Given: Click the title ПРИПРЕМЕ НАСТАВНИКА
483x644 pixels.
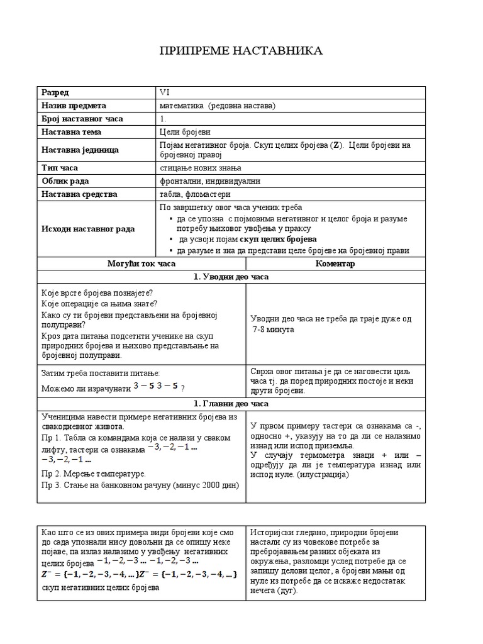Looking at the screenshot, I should [241, 51].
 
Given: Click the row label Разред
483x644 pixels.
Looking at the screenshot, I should [55, 92].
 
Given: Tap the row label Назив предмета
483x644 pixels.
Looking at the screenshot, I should [74, 106].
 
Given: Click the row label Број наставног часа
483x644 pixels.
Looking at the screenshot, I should [82, 119].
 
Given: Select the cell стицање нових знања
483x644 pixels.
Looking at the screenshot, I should [201, 167].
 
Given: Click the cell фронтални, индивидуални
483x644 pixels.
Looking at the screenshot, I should [210, 181].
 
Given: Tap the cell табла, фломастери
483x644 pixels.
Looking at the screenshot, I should [195, 194].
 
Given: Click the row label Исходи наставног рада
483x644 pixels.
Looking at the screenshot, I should [88, 229].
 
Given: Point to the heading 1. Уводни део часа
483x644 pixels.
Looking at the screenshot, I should [241, 277].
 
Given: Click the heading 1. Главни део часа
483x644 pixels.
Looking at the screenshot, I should [241, 403].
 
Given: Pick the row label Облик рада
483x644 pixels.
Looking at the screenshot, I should [66, 181].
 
